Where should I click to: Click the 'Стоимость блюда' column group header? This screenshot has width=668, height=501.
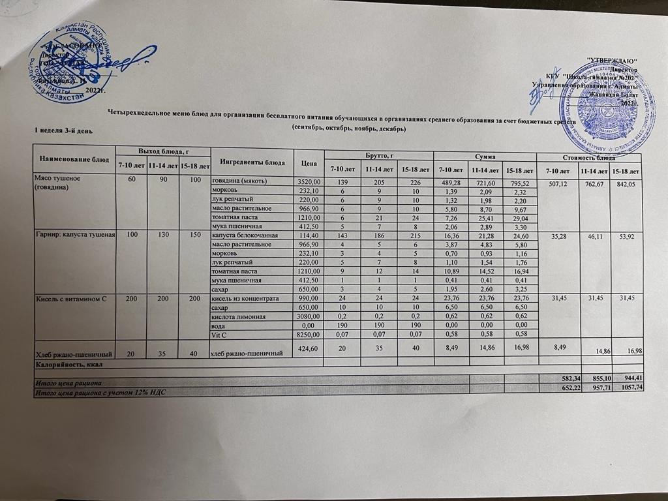pyautogui.click(x=589, y=157)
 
